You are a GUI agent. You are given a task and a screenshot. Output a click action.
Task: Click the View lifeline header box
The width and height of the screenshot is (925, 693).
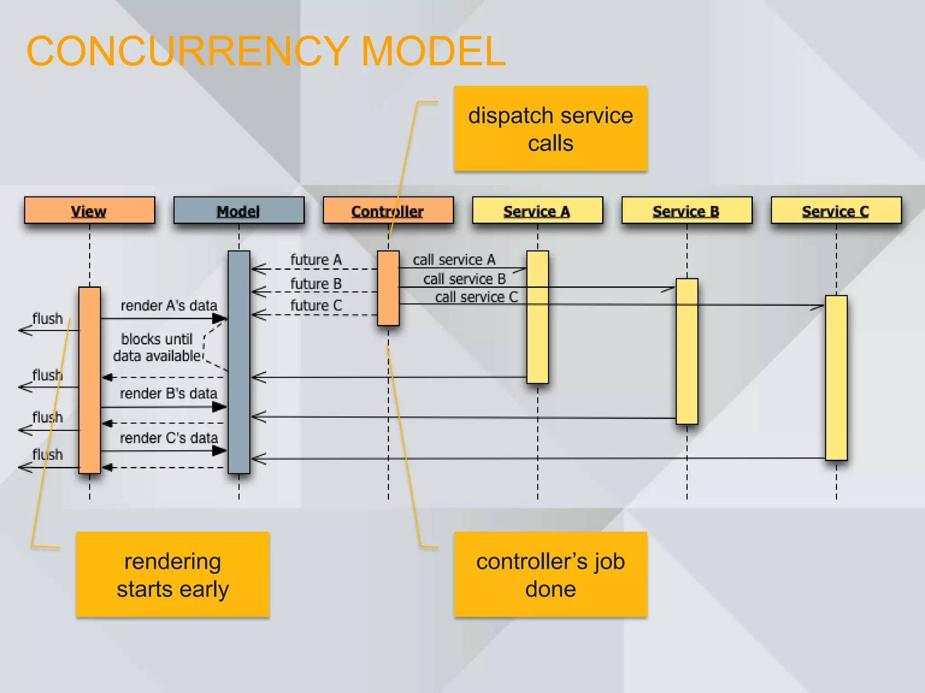(89, 210)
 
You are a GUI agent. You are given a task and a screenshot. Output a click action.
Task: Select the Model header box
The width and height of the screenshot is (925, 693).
(238, 210)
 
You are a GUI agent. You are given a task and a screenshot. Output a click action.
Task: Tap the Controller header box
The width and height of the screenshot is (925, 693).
(388, 210)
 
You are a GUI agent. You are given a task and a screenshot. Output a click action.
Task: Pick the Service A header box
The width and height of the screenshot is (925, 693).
(537, 210)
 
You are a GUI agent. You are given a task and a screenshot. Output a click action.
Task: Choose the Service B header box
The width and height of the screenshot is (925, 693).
(687, 210)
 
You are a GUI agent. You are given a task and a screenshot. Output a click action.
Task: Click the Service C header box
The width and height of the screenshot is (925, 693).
(836, 210)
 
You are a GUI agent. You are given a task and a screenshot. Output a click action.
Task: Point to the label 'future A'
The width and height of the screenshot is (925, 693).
(316, 260)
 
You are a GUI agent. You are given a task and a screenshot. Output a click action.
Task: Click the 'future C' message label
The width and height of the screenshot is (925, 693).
(316, 305)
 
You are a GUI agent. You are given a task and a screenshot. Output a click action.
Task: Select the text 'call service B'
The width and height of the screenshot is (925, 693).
(464, 279)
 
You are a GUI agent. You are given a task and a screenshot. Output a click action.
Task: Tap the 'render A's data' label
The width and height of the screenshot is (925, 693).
(168, 305)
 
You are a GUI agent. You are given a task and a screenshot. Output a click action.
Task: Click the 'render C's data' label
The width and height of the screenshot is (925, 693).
(168, 438)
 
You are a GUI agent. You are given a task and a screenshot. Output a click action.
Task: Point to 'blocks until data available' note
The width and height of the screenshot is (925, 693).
(157, 347)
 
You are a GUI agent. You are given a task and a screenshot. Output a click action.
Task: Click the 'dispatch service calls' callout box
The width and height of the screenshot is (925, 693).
(550, 129)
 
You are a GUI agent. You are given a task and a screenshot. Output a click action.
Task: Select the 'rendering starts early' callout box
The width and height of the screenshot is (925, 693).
(173, 574)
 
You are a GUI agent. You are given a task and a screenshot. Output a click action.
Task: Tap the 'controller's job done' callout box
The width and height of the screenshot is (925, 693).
(550, 574)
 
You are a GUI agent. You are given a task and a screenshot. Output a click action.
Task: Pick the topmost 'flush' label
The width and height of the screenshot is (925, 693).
(47, 319)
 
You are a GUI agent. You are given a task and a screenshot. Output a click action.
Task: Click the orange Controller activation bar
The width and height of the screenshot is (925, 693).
(388, 288)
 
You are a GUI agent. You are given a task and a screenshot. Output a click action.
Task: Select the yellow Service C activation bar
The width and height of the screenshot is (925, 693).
(836, 378)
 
